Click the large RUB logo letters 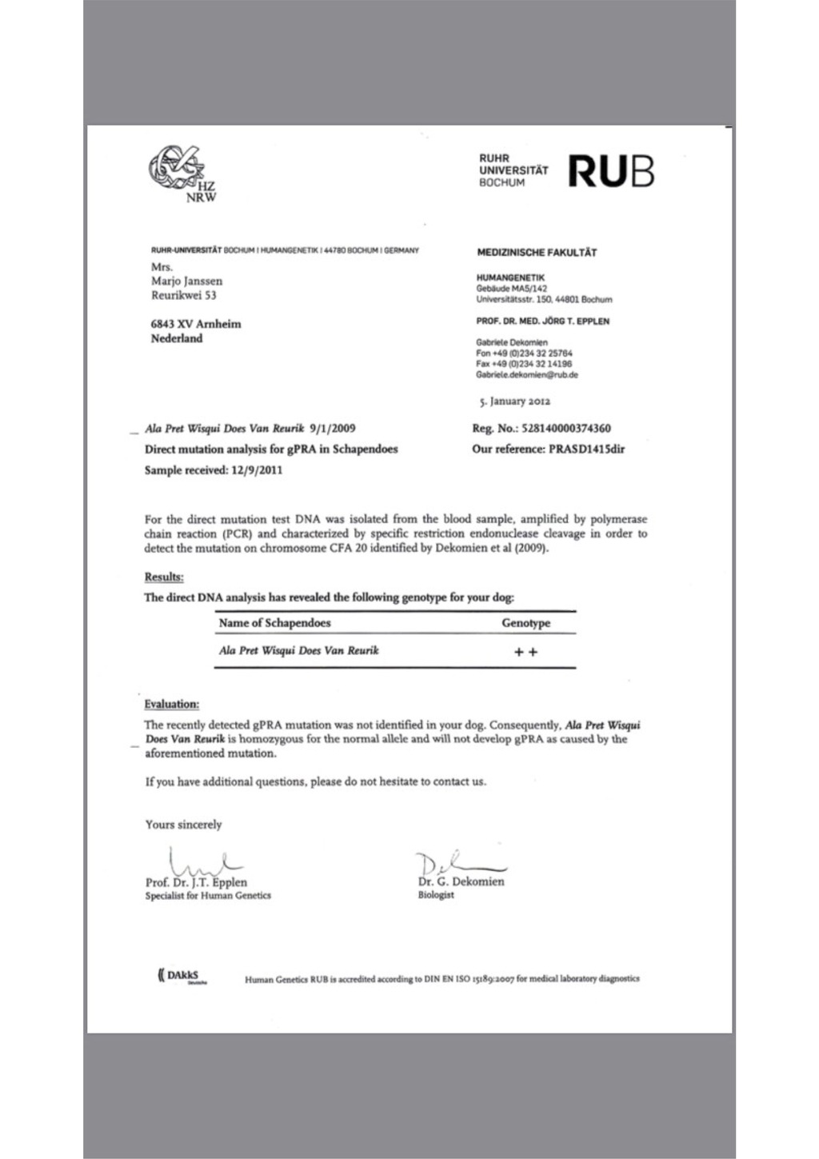tap(611, 171)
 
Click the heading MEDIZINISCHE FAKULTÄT tap(537, 253)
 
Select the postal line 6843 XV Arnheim tap(196, 324)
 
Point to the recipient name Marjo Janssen tap(187, 281)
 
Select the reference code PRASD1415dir tap(586, 450)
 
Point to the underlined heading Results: tap(164, 577)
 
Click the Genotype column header tap(525, 623)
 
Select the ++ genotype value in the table tap(525, 652)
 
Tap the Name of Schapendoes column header tap(274, 623)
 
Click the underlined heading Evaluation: tap(171, 704)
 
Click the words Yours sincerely tap(183, 825)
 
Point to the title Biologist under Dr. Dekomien tap(436, 895)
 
